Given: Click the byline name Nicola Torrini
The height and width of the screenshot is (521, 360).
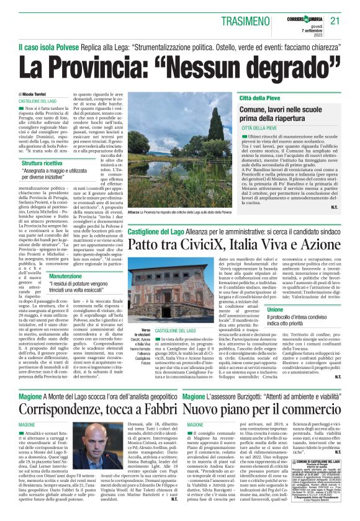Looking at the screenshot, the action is (x=44, y=93).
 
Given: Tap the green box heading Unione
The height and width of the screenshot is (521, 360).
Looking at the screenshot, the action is (x=310, y=309).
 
